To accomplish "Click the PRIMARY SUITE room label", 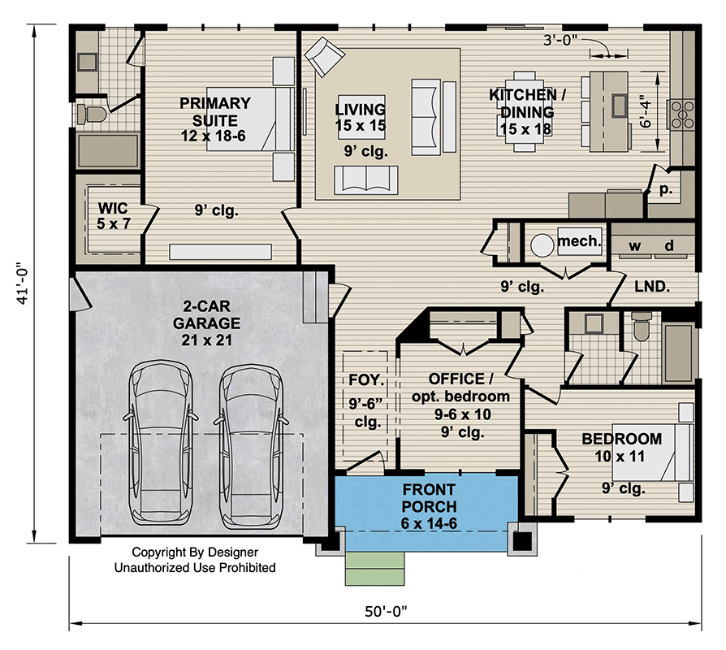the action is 215,111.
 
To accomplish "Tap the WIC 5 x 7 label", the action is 114,216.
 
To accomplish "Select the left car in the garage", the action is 161,444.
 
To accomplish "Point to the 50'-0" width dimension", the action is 386,612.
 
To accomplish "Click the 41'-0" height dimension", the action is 23,285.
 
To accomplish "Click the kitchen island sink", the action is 619,106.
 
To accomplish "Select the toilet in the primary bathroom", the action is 92,114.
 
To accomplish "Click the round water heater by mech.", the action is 542,245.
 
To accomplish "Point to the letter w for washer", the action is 634,246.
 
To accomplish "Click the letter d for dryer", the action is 669,245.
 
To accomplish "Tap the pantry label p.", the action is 665,189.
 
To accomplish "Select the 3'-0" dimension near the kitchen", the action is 560,41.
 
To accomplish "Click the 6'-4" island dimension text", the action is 645,111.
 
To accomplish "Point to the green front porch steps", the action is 374,569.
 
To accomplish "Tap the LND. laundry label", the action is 652,287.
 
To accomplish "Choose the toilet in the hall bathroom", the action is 642,326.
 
